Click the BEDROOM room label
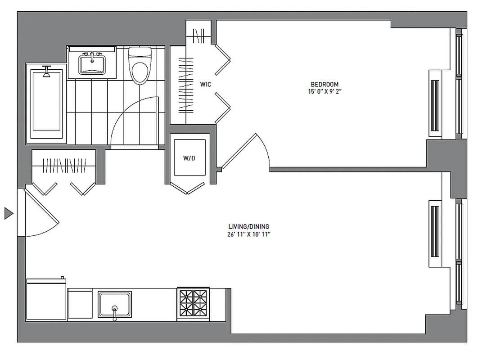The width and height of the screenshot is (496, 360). pyautogui.click(x=325, y=84)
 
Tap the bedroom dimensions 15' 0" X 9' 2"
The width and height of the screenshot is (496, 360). pyautogui.click(x=325, y=91)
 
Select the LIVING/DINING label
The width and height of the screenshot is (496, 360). pyautogui.click(x=248, y=227)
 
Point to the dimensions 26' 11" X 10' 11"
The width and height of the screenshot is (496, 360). pyautogui.click(x=248, y=234)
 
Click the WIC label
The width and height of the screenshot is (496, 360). pyautogui.click(x=206, y=84)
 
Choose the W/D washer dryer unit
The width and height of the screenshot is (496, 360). pyautogui.click(x=189, y=158)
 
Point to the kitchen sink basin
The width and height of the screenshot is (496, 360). pyautogui.click(x=115, y=304)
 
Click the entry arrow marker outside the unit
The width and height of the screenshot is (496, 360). pyautogui.click(x=9, y=213)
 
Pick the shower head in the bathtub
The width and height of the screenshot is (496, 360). pyautogui.click(x=46, y=72)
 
